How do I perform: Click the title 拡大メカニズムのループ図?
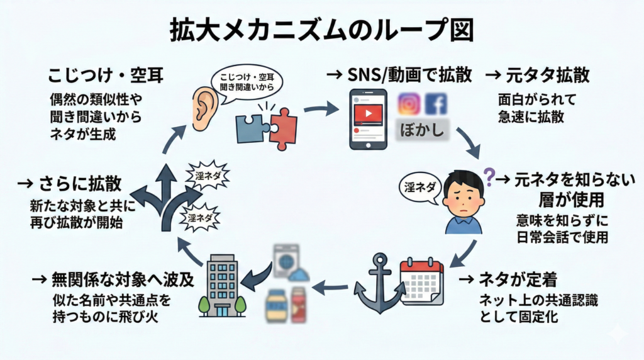(x=321, y=30)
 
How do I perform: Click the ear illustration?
(x=203, y=108)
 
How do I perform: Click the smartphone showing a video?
(x=369, y=118)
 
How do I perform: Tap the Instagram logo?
(x=409, y=104)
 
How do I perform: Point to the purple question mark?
(x=487, y=172)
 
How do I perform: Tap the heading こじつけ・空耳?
(x=106, y=77)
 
